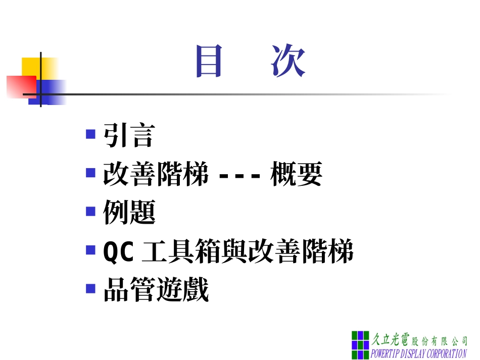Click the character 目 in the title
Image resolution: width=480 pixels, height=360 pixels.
(209, 62)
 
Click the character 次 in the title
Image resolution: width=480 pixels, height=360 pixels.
(289, 62)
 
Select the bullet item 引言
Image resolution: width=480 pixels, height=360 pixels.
(128, 135)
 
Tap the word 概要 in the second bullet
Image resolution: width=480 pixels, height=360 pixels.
(297, 174)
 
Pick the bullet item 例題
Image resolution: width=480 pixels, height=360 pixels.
(129, 213)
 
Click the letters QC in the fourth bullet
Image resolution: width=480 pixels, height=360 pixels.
(118, 251)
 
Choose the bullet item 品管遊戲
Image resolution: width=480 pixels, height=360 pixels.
(156, 290)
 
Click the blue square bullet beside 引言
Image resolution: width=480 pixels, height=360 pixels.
(90, 134)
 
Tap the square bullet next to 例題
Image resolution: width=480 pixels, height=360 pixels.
(90, 211)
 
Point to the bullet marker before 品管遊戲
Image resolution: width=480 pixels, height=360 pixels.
(90, 289)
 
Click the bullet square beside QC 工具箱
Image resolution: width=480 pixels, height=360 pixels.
(90, 249)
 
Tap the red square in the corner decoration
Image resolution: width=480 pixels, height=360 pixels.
(20, 86)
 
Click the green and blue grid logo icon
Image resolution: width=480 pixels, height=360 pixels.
(360, 344)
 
